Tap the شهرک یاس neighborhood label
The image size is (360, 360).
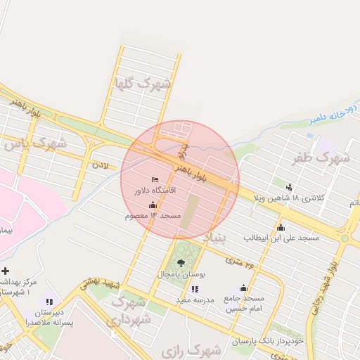click(x=35, y=145)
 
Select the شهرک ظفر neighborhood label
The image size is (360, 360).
click(x=321, y=158)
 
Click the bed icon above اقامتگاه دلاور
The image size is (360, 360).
click(x=155, y=180)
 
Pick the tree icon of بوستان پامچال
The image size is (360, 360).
click(x=181, y=262)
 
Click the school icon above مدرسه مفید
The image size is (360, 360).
click(x=194, y=288)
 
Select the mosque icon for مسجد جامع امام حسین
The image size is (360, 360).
click(x=243, y=288)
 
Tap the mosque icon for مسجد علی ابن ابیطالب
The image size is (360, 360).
click(x=281, y=227)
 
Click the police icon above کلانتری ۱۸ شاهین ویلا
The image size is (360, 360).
click(x=290, y=186)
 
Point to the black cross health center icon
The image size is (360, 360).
click(x=6, y=271)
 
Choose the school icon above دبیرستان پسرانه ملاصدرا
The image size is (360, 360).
click(x=49, y=302)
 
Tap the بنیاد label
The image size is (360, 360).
click(x=215, y=238)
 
